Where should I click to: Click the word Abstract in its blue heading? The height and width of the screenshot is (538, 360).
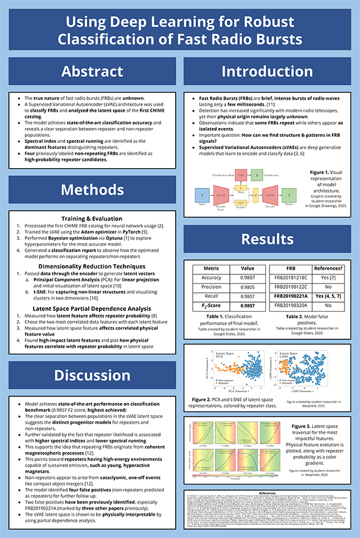pyautogui.click(x=92, y=71)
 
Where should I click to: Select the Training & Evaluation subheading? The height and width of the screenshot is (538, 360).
pyautogui.click(x=92, y=218)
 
